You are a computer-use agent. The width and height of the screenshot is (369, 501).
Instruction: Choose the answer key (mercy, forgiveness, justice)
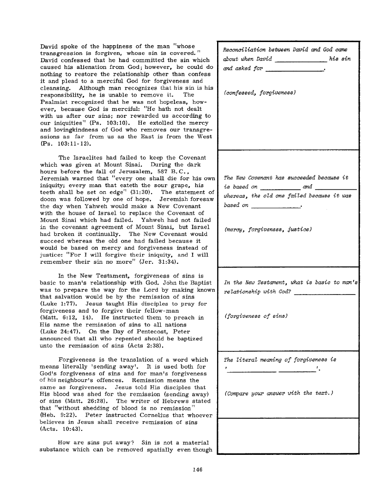point(267,229)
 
